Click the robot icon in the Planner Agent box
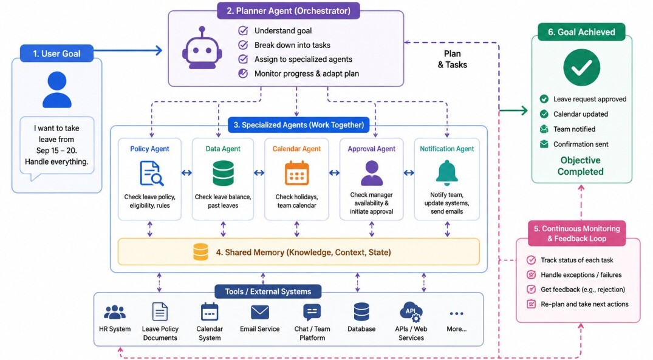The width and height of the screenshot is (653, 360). coord(202,49)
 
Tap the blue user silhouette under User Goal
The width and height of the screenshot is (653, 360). coord(57,89)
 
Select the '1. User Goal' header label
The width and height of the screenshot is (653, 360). coord(56,53)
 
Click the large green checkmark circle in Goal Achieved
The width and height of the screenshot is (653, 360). coord(581,67)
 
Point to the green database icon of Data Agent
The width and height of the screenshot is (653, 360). coord(223,173)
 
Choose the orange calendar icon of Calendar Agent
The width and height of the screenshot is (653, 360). coord(297,173)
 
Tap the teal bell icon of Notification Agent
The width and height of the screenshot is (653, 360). coord(447,173)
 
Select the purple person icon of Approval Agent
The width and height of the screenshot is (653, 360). coord(372,173)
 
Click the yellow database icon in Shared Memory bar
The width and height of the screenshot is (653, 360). coord(200,252)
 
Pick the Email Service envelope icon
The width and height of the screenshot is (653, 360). coord(260,312)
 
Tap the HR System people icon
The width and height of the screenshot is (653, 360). coord(115,312)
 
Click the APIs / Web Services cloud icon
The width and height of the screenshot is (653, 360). coord(411,312)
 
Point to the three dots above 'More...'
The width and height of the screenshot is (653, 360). coord(456,313)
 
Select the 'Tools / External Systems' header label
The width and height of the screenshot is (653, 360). coord(268,292)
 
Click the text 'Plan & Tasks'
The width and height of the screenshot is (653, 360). coord(453,59)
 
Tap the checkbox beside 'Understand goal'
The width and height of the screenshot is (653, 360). coord(243,31)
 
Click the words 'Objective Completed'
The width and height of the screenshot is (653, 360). coord(581,166)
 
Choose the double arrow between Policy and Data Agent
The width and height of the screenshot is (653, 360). coord(186,173)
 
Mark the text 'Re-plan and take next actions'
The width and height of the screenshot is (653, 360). coord(584,304)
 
